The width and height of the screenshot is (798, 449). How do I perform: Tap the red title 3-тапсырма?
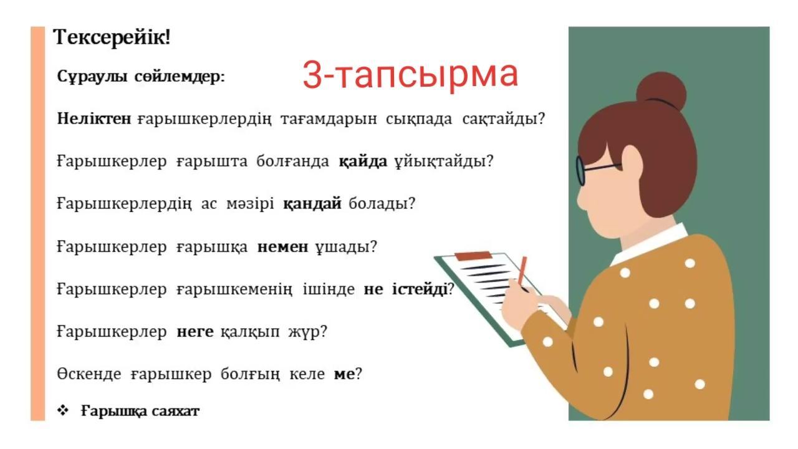pos(410,74)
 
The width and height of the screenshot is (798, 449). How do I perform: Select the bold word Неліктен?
pos(94,118)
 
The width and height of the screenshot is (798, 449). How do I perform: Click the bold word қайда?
pos(363,162)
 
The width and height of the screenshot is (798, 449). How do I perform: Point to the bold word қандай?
pos(312,204)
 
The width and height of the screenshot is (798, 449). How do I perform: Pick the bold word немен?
pos(282,246)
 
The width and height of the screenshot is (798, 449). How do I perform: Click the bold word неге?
pos(195,332)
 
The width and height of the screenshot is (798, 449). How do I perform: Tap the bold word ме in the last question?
pos(344,374)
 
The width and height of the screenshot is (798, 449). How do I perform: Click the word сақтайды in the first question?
pos(500,118)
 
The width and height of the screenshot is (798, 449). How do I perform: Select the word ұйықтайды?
pos(440,162)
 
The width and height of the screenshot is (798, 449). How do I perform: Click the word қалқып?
pos(250,332)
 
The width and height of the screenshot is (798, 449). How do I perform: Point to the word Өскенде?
pos(89,374)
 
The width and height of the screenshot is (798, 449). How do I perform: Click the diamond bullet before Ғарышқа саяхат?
pos(63,410)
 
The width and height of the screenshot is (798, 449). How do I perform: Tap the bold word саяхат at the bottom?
pos(175,411)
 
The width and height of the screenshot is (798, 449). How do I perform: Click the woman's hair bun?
pos(661,91)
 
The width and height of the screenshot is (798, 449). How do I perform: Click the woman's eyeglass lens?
pos(580,171)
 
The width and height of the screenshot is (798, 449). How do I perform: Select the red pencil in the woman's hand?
pos(522,271)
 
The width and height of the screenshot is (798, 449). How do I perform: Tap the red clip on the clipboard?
pos(473,256)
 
